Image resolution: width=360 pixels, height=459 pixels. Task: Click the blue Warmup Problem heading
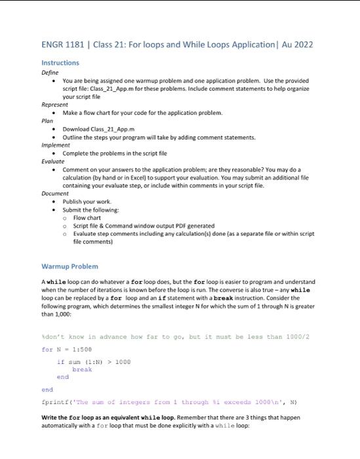pos(70,266)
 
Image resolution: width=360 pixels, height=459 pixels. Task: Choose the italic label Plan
pos(47,121)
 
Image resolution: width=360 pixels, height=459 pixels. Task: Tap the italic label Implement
pos(56,145)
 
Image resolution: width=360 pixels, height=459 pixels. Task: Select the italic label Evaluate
pos(53,161)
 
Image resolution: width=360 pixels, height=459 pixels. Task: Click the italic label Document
pos(55,193)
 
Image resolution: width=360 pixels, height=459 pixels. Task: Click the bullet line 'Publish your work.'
pos(87,201)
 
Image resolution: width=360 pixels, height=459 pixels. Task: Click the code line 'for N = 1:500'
pos(68,349)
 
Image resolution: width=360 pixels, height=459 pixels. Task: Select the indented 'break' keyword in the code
pos(82,369)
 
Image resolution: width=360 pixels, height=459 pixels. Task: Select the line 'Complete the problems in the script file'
pos(115,153)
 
